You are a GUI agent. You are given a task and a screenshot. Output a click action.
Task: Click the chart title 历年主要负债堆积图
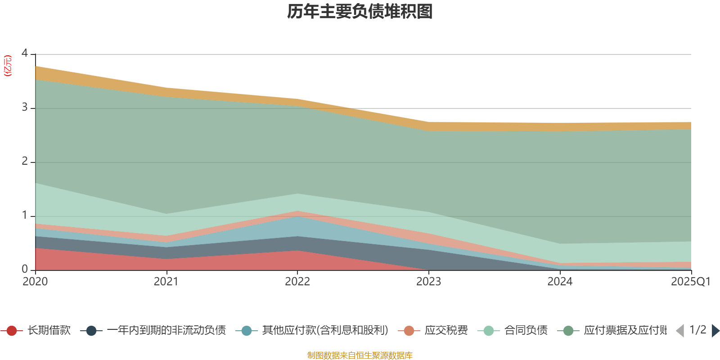[x=360, y=12]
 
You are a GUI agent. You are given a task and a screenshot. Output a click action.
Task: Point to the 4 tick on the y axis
[x=25, y=53]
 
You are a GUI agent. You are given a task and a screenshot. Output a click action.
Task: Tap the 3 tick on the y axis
[x=25, y=108]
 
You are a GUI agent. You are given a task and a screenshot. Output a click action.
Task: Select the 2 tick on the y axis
[x=25, y=162]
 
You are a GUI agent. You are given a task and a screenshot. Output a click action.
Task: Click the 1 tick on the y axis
[x=25, y=216]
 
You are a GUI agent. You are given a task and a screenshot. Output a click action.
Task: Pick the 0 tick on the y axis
[x=25, y=269]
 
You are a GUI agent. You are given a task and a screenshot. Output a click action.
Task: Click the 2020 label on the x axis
[x=35, y=282]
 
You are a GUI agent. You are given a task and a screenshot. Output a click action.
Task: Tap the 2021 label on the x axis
[x=166, y=282]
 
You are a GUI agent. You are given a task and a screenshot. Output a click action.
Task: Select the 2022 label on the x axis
[x=297, y=282]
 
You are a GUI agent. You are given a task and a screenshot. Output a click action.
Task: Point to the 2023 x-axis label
[x=429, y=282]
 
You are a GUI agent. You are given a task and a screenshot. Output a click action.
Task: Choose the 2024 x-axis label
[x=560, y=282]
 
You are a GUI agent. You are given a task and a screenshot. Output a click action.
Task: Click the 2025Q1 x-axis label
[x=690, y=282]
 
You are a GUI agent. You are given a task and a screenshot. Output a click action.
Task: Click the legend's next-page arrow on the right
[x=715, y=331]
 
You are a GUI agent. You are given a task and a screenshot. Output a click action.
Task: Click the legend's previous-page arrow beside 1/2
[x=680, y=331]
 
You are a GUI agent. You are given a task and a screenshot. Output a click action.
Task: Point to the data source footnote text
[x=360, y=355]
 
